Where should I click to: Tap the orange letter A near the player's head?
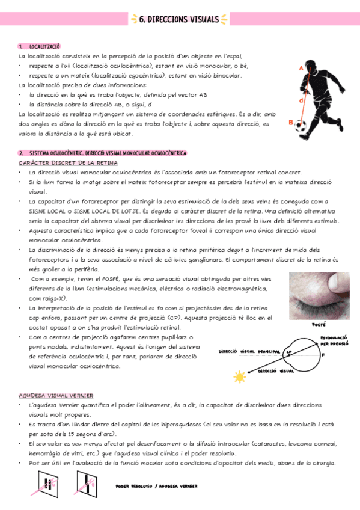[x=301, y=69]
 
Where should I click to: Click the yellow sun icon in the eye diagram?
[x=240, y=378]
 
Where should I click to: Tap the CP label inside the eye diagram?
[x=289, y=352]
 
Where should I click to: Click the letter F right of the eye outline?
[x=323, y=355]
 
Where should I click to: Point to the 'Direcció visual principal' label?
[x=249, y=351]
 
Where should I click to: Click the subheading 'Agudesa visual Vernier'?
[x=56, y=395]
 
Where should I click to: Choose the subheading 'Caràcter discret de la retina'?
[x=68, y=163]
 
